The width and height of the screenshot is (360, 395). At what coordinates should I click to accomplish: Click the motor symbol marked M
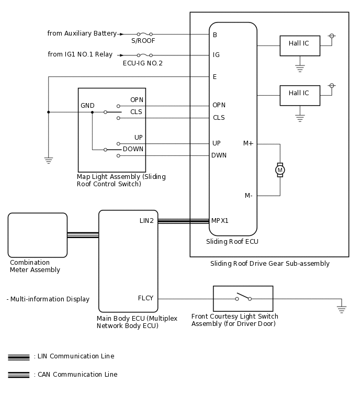click(x=280, y=170)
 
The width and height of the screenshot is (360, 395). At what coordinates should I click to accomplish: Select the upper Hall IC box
click(x=299, y=44)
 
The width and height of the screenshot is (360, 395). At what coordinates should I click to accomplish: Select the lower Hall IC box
click(x=299, y=94)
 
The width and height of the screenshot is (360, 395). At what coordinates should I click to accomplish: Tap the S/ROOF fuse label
click(x=143, y=41)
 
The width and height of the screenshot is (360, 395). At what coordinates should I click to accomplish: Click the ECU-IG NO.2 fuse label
click(x=143, y=63)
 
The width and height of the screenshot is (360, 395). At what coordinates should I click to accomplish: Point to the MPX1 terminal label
click(x=220, y=220)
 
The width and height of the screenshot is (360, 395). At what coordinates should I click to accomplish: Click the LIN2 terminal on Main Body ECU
click(x=147, y=221)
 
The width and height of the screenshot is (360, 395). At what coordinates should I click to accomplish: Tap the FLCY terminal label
click(x=145, y=298)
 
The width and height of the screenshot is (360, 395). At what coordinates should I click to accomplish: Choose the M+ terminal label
click(x=249, y=143)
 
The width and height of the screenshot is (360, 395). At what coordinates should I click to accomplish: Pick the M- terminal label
click(x=249, y=196)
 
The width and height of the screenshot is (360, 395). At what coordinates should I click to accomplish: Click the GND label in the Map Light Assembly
click(x=87, y=106)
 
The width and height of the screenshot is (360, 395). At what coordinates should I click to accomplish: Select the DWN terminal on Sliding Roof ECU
click(x=219, y=155)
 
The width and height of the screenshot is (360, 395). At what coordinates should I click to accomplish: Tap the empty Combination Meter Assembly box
click(x=38, y=235)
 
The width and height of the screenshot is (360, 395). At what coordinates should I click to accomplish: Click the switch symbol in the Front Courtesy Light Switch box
click(x=243, y=297)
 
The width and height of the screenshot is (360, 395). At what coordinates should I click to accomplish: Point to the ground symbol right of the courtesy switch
click(x=342, y=309)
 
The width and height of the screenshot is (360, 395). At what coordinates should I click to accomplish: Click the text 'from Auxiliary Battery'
click(x=82, y=33)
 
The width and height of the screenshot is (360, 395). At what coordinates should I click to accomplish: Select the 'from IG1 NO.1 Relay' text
click(x=80, y=54)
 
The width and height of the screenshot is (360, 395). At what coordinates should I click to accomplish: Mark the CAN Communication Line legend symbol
click(x=18, y=375)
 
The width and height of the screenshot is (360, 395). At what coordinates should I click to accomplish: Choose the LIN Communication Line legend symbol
click(x=18, y=357)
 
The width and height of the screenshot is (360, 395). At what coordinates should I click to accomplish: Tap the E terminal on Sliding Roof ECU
click(x=215, y=77)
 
